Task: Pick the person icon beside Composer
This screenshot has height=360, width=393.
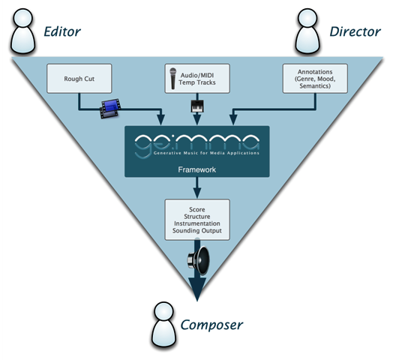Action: [164, 319]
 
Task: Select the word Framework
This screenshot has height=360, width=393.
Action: [196, 170]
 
